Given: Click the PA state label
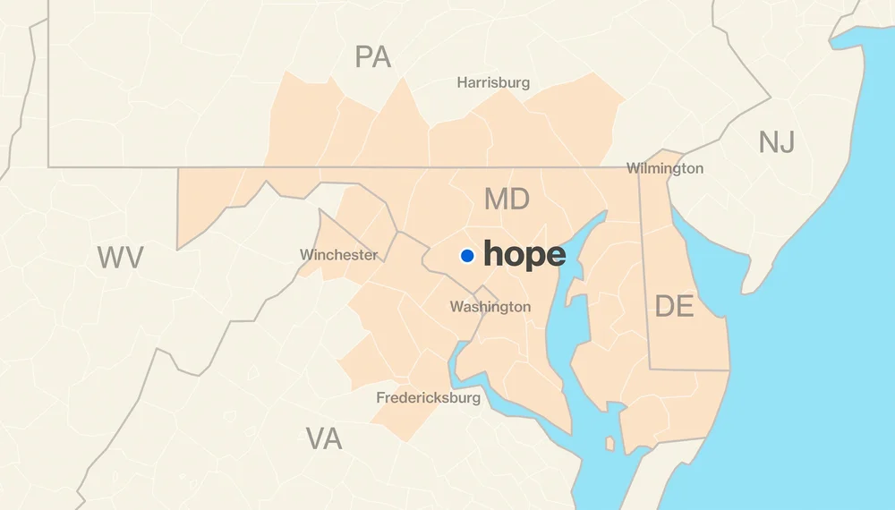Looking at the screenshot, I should tap(373, 57).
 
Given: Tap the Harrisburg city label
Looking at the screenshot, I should tap(493, 82).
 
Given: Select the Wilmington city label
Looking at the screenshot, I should tap(664, 168).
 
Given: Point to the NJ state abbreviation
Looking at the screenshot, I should tap(776, 141).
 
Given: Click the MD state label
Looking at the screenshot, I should tap(507, 199).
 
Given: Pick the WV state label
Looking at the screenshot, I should tap(120, 258).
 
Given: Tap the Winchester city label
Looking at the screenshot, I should tap(338, 255).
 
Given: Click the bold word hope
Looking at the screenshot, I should tap(524, 255).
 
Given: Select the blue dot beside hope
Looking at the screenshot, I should tap(467, 256).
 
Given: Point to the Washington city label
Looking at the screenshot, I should tap(490, 307).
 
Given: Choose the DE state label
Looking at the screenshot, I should tap(674, 306).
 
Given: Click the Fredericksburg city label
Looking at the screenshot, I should tap(428, 397).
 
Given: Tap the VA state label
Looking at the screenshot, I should tap(324, 438).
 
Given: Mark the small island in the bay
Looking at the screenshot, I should tap(610, 444).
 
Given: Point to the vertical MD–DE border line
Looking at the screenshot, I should tap(644, 268).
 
